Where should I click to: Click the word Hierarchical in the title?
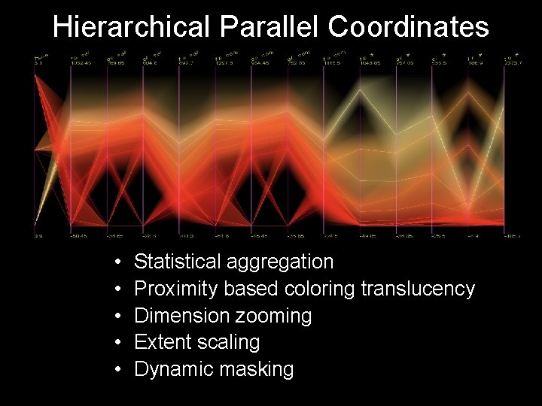click(132, 27)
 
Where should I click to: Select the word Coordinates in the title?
click(408, 27)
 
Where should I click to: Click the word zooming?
click(275, 316)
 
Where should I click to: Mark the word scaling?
click(227, 343)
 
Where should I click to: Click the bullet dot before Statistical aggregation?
click(120, 262)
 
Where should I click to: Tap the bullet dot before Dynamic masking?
click(120, 370)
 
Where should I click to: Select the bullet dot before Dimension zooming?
click(120, 317)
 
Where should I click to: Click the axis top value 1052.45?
click(81, 63)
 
